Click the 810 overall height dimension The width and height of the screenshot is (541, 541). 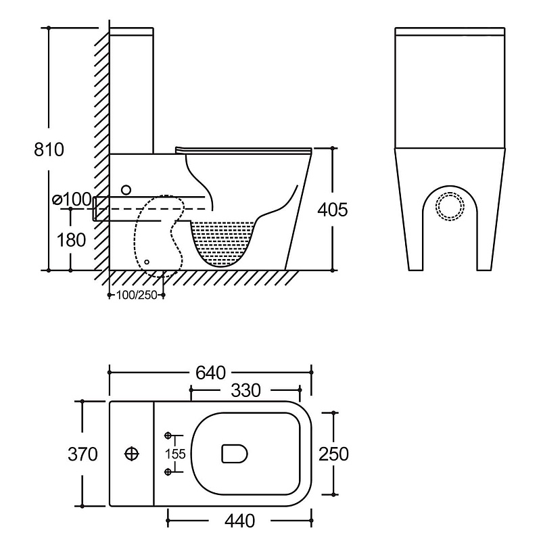click(49, 149)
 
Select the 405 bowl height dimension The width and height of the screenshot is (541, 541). click(333, 210)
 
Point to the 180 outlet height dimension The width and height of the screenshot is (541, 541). click(71, 239)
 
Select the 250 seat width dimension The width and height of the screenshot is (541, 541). click(333, 454)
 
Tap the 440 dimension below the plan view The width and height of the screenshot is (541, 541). click(240, 521)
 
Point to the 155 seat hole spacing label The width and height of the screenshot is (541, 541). click(176, 454)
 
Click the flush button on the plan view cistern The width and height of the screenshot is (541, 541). click(133, 454)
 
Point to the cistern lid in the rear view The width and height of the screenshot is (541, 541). click(449, 32)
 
